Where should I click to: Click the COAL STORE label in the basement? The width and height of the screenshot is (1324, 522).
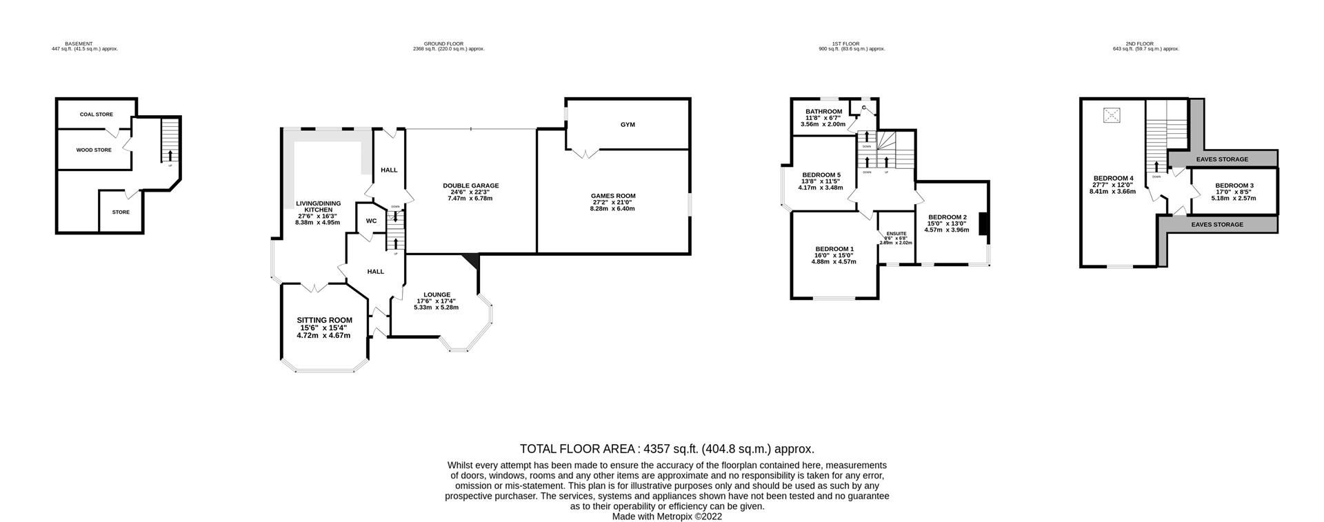click(96, 114)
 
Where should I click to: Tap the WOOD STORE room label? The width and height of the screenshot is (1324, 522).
click(94, 150)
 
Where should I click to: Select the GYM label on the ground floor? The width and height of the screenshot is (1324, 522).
click(627, 125)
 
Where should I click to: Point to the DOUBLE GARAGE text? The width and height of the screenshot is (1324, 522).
click(470, 185)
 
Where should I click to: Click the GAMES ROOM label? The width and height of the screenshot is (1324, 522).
click(612, 196)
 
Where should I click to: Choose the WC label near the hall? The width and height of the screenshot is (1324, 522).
click(371, 221)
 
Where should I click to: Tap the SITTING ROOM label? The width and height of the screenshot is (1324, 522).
click(324, 320)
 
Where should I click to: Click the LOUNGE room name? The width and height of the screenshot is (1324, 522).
click(437, 294)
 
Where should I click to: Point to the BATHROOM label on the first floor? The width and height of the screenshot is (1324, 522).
click(823, 112)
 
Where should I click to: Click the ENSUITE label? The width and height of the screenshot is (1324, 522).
click(896, 234)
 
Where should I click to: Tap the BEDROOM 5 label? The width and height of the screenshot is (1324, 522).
click(821, 175)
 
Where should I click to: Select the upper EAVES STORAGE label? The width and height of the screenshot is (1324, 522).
click(1222, 159)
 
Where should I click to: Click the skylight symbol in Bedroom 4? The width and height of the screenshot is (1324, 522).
click(1112, 115)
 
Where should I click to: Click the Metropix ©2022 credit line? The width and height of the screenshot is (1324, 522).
click(667, 516)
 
